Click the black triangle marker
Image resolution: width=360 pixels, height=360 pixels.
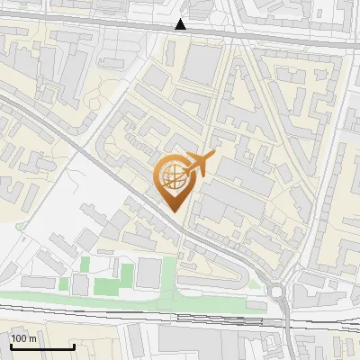pos(181,24)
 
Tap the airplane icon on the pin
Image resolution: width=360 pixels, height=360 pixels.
pos(197,165)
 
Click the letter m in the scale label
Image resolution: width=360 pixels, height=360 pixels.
pos(32,339)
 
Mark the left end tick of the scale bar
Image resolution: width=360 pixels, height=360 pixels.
pos(10,345)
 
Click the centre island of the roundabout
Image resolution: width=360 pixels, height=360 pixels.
pos(278,290)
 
